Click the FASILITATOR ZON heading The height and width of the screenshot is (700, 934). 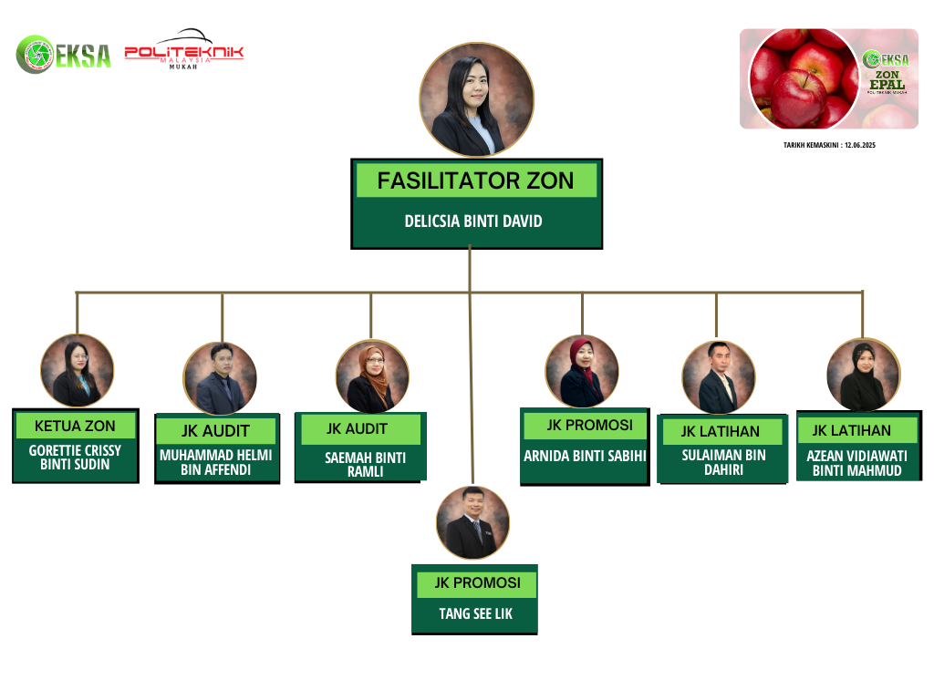[x=475, y=180]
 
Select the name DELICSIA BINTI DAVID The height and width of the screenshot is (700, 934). [x=472, y=221]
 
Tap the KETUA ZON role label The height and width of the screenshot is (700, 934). [x=75, y=426]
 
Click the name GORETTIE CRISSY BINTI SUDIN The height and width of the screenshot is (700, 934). [x=75, y=458]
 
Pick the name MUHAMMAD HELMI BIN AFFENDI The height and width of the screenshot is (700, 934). [x=215, y=463]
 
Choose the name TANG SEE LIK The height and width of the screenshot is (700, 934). [x=475, y=613]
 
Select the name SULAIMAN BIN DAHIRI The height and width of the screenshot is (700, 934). [x=723, y=462]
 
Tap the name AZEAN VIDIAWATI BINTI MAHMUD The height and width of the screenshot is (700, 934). [x=857, y=463]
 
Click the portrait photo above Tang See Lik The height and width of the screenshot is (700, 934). [x=472, y=522]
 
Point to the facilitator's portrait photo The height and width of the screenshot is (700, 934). [x=476, y=100]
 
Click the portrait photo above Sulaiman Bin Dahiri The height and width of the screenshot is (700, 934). [x=719, y=377]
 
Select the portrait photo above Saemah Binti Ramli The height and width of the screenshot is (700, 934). [x=372, y=376]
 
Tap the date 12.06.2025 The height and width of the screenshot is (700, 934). [x=859, y=145]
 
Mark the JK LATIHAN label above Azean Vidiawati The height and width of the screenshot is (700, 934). [x=851, y=430]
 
